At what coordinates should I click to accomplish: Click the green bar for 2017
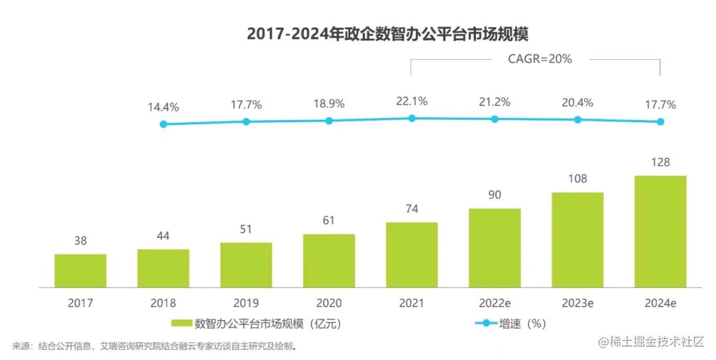80,270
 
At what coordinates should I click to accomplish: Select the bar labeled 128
660,231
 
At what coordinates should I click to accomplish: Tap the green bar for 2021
412,255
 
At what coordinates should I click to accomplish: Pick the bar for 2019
246,265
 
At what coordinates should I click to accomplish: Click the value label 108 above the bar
577,179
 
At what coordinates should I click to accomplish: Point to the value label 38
80,241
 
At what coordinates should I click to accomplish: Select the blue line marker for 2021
412,118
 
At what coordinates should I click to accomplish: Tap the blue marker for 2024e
660,121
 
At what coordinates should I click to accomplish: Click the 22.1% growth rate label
412,101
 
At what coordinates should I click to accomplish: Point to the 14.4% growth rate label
163,107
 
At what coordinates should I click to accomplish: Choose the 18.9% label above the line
329,104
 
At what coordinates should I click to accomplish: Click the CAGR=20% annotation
540,58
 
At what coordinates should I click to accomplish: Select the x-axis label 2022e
495,303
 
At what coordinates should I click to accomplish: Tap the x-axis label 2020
329,303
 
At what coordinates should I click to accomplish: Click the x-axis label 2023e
577,303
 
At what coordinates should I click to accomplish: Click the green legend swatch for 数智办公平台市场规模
181,324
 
